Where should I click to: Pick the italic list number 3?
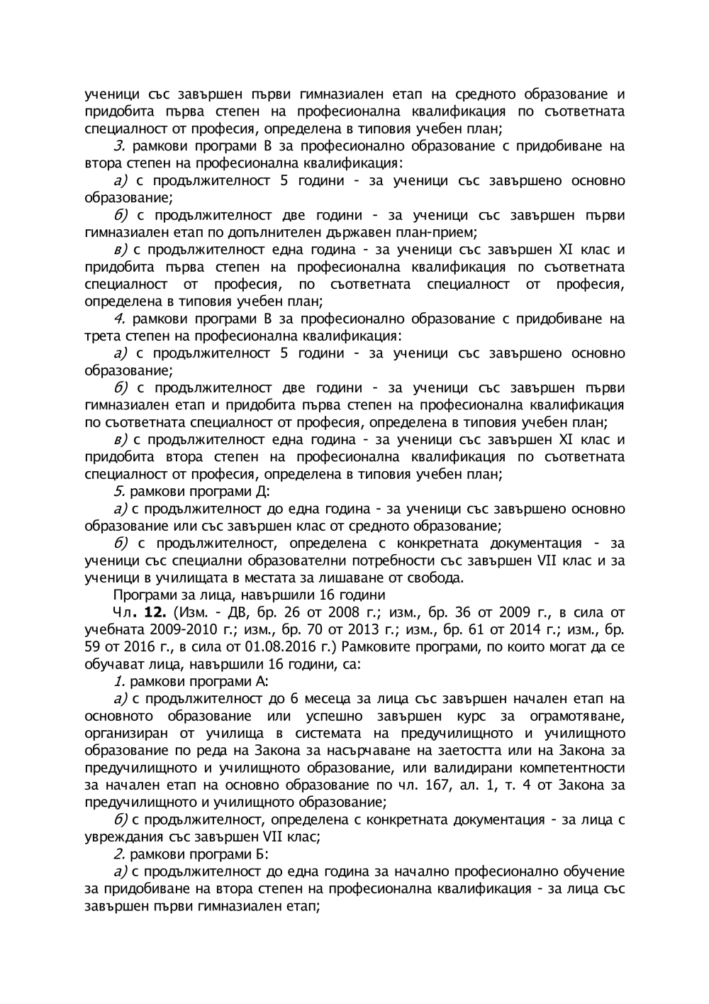[x=119, y=146]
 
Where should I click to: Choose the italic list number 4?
[x=119, y=319]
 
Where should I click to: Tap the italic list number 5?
[x=119, y=492]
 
